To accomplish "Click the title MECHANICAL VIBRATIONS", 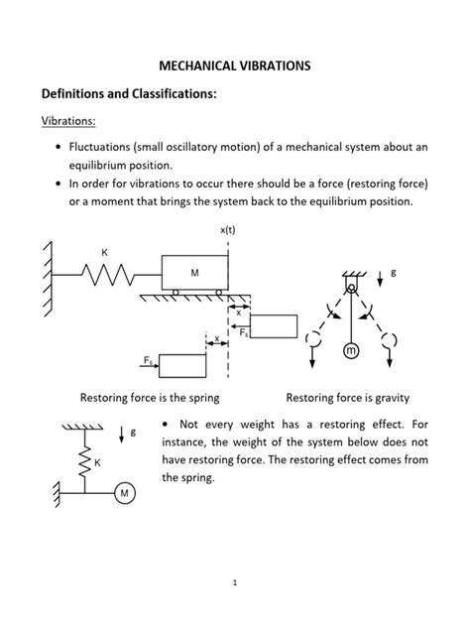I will click(x=234, y=65).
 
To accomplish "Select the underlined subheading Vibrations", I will click(x=67, y=121).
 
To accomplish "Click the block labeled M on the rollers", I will click(x=194, y=271).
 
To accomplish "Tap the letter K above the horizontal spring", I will click(x=104, y=253).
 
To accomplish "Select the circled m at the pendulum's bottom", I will click(x=350, y=352).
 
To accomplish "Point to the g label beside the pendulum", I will click(x=393, y=271).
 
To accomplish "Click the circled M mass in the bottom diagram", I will click(x=125, y=492).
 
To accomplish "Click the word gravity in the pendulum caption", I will click(x=387, y=397).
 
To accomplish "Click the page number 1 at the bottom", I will click(x=235, y=582).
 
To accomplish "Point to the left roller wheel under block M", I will click(x=176, y=292).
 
